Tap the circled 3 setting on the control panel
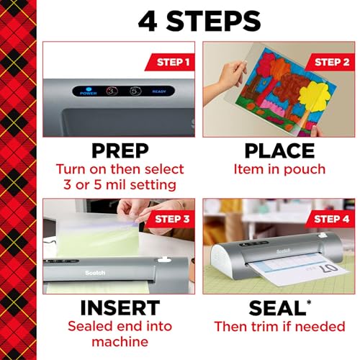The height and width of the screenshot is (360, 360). coord(112,91)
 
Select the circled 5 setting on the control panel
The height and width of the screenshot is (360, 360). coord(135,91)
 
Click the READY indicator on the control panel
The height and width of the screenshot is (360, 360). coord(159,92)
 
